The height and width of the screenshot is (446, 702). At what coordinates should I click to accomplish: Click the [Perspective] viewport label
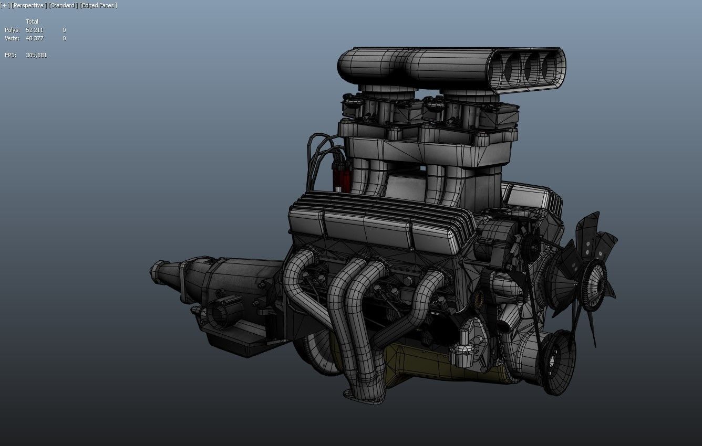(28, 5)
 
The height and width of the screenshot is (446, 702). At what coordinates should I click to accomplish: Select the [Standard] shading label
(63, 5)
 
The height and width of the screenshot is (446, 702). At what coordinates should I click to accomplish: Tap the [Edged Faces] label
(98, 5)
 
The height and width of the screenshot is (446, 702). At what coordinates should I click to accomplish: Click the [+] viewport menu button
(5, 5)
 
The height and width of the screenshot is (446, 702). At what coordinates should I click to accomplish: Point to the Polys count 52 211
(34, 30)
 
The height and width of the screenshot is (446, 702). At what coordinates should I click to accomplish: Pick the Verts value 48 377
(34, 38)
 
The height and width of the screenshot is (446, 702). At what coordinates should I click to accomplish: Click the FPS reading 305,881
(36, 55)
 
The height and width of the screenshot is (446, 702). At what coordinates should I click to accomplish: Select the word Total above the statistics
(32, 22)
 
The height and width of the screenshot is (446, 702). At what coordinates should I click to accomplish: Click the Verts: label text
(12, 38)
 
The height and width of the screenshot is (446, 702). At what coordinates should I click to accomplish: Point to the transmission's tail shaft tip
(157, 270)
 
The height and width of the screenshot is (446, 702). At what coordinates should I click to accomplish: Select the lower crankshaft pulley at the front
(555, 362)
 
